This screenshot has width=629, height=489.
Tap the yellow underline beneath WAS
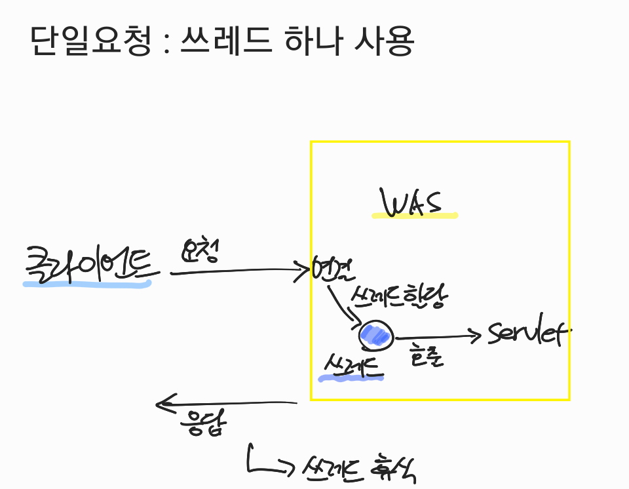(414, 215)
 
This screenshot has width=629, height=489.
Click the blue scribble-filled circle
(375, 336)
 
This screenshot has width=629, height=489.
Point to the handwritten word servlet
(527, 334)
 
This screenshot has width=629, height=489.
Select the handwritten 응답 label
(203, 423)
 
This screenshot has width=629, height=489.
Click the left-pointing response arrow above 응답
(226, 404)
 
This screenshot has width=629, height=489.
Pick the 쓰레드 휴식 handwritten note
(359, 468)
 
